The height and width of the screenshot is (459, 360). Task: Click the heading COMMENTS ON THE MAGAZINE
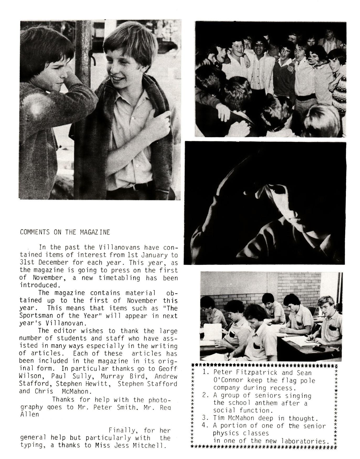pos(65,232)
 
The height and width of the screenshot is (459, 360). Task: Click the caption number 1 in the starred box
pos(205,372)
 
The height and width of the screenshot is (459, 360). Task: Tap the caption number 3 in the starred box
pos(205,418)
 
